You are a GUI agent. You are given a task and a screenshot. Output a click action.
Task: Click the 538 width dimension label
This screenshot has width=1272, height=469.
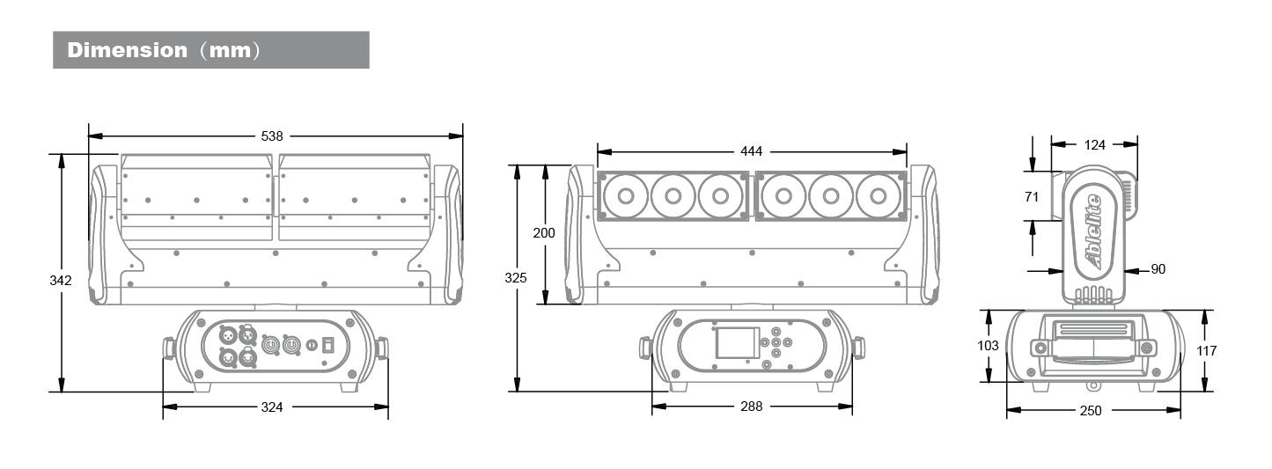point(272,136)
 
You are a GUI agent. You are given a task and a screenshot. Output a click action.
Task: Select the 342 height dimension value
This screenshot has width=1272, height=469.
point(61,280)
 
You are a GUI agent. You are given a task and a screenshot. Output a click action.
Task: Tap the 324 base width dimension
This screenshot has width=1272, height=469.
point(272,407)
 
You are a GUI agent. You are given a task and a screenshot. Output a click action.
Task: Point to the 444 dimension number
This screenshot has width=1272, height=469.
point(751,151)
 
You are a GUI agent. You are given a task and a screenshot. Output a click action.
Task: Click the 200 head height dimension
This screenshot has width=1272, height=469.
point(544,232)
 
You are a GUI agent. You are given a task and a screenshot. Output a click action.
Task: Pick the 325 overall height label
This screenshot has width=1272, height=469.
point(517,277)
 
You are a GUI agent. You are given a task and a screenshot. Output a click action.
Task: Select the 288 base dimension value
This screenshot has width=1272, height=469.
point(751,406)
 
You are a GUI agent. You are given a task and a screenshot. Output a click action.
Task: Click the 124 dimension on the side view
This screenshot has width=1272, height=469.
point(1094,144)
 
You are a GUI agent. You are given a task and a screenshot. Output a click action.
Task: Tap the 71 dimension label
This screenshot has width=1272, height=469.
point(1031,196)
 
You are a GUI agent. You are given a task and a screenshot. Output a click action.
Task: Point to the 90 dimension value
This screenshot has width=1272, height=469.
point(1158,269)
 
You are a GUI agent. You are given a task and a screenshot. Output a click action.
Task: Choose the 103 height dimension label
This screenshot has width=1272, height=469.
point(989,346)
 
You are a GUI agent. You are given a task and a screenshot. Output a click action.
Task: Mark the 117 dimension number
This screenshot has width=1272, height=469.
point(1205,350)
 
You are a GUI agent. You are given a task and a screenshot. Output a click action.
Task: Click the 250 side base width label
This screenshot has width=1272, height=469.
point(1092,410)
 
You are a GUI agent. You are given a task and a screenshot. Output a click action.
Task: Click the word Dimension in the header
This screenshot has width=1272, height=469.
point(127,50)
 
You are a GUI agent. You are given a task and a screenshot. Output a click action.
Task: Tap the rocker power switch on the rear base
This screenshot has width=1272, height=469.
point(327,345)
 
